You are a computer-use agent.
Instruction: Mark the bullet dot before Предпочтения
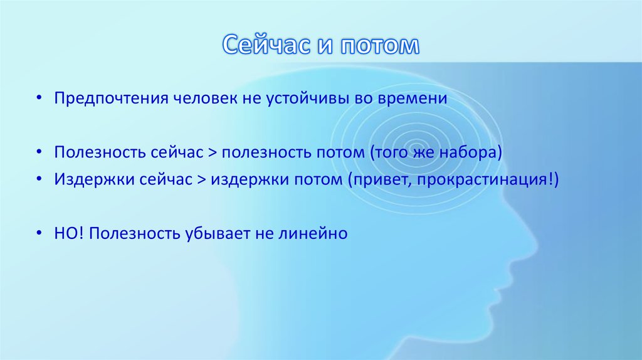tap(39, 100)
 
